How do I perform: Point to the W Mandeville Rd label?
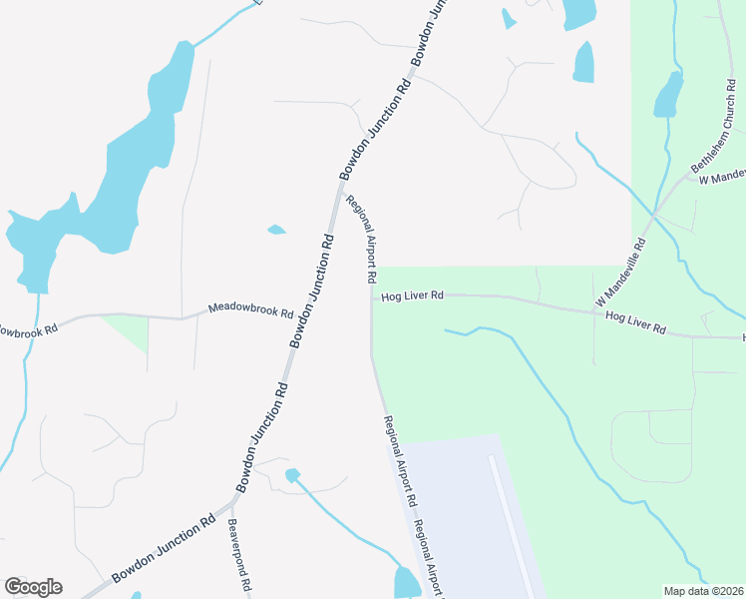(621, 273)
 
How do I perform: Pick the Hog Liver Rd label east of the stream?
(635, 321)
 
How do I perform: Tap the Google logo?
(33, 587)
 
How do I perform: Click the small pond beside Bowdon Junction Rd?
(276, 230)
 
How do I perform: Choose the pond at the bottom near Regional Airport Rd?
(407, 582)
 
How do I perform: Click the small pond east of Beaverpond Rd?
(292, 475)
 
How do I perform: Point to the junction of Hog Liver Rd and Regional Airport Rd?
(371, 296)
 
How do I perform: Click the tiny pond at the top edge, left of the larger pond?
(509, 18)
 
